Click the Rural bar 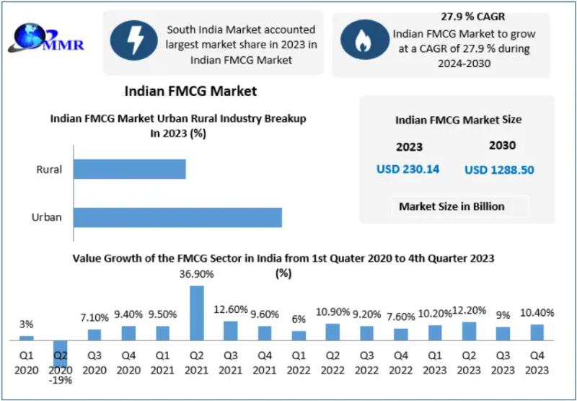[x=130, y=169]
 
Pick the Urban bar [x=177, y=217]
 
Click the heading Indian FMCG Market [x=190, y=92]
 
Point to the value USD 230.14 [x=408, y=169]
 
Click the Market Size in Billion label [x=452, y=206]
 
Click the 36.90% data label [x=196, y=275]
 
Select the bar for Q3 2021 [x=230, y=330]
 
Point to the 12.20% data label [x=469, y=310]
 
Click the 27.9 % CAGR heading [x=442, y=16]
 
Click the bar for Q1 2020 [x=26, y=337]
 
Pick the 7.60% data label [x=401, y=316]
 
